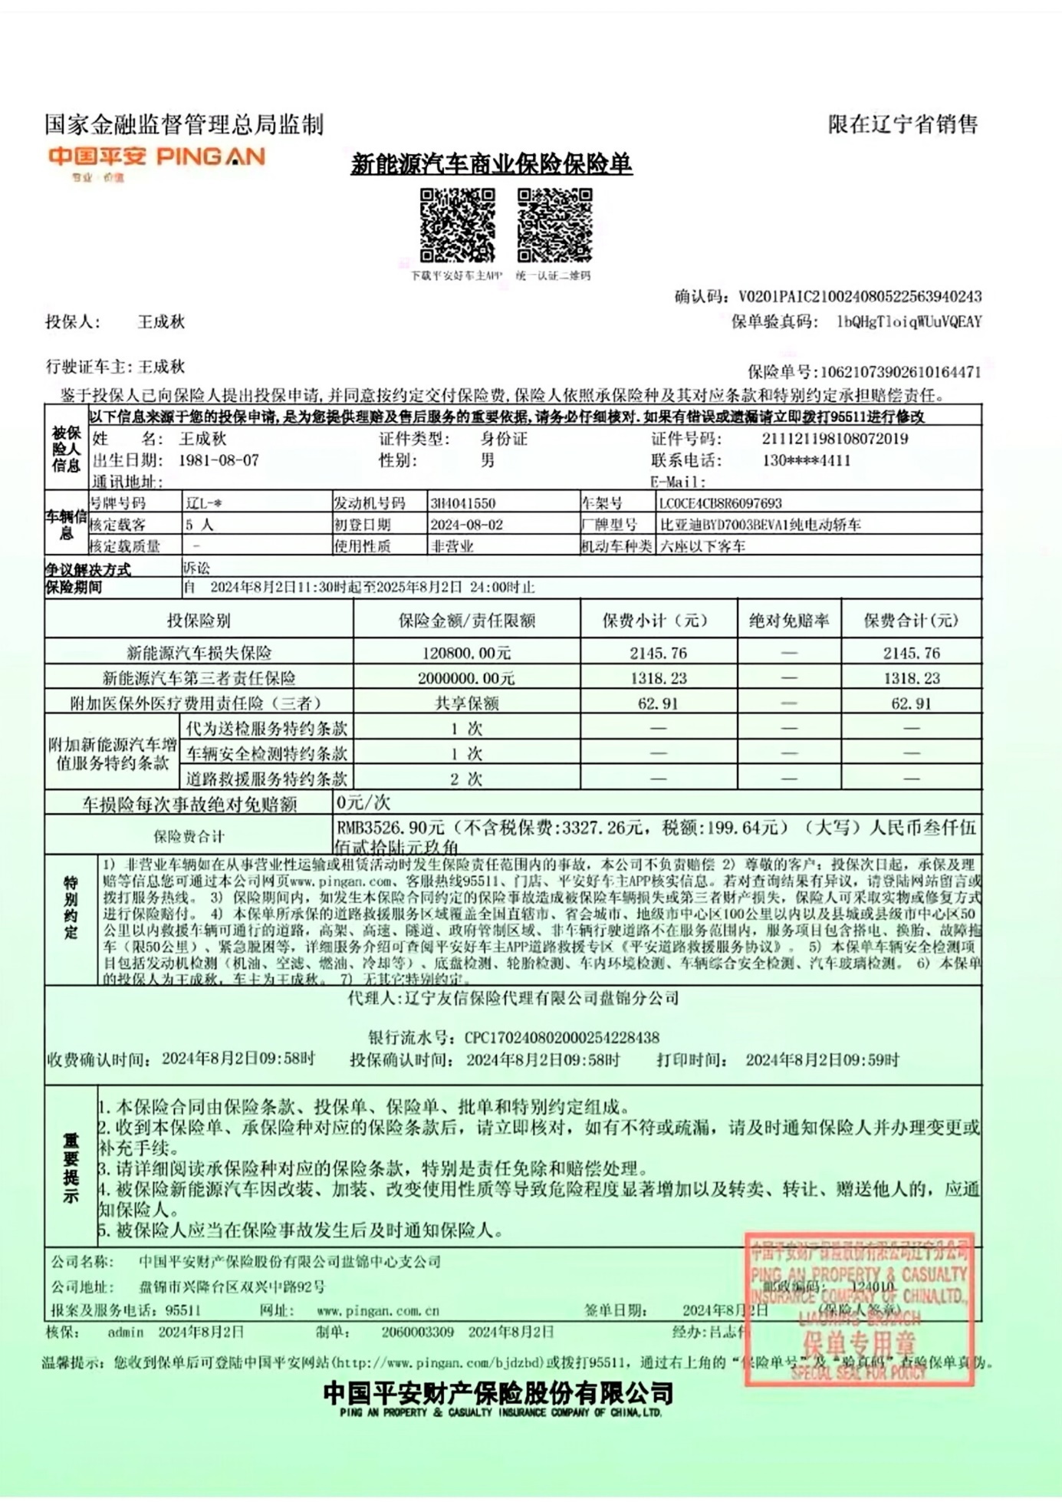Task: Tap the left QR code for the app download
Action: (457, 226)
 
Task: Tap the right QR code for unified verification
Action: (554, 226)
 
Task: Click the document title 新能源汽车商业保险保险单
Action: (491, 164)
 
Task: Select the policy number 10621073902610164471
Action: (900, 373)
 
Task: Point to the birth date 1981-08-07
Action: (219, 460)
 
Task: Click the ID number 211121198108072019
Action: (835, 439)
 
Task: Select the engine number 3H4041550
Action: (463, 503)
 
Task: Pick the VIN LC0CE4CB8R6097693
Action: (720, 503)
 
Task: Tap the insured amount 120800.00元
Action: (466, 654)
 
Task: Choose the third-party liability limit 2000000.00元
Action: (466, 678)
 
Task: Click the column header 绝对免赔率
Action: (789, 621)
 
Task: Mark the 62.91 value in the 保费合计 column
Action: (911, 703)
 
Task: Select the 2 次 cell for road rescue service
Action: (466, 779)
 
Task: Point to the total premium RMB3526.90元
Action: (391, 828)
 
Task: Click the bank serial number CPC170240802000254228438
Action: (561, 1038)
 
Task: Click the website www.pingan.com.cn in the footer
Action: (378, 1311)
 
